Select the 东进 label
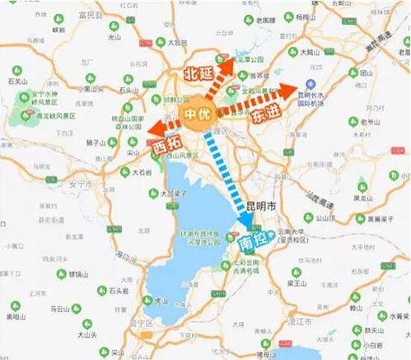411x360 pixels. (x=265, y=115)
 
